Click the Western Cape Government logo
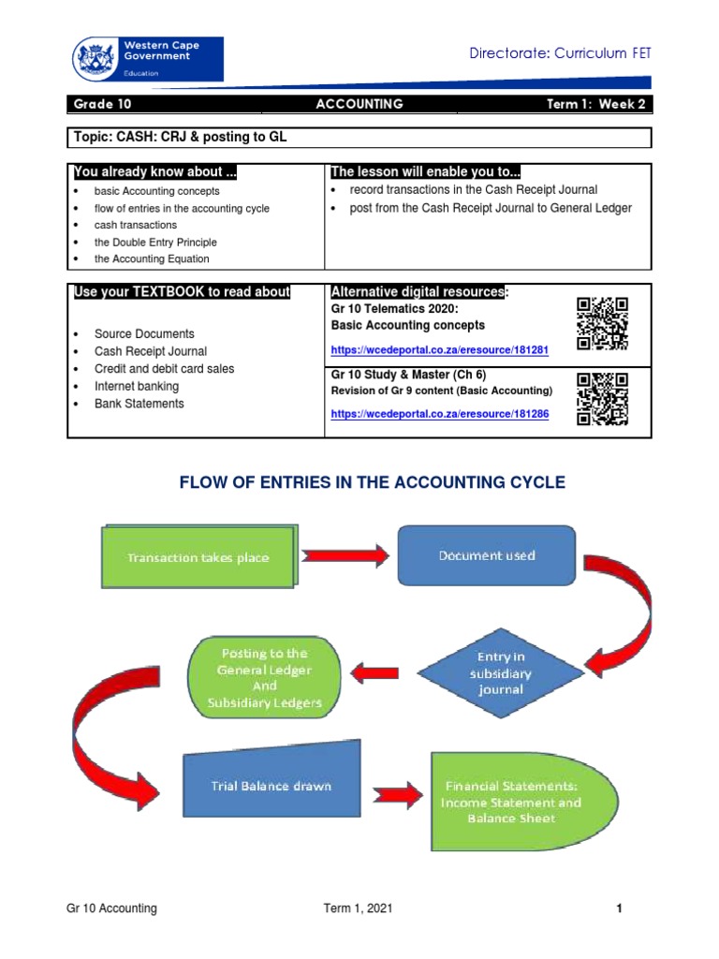click(147, 59)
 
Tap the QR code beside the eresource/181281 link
click(602, 323)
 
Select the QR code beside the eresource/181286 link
click(602, 398)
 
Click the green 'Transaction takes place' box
click(198, 556)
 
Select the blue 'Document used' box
click(487, 555)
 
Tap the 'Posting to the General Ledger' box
click(263, 677)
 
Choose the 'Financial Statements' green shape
click(511, 802)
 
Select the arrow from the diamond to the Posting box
click(375, 672)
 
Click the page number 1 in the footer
click(619, 908)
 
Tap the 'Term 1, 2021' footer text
click(354, 908)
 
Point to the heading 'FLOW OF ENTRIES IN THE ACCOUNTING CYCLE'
click(372, 482)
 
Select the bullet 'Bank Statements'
click(139, 404)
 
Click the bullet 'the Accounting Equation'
click(152, 258)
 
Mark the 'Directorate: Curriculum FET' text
click(560, 53)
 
